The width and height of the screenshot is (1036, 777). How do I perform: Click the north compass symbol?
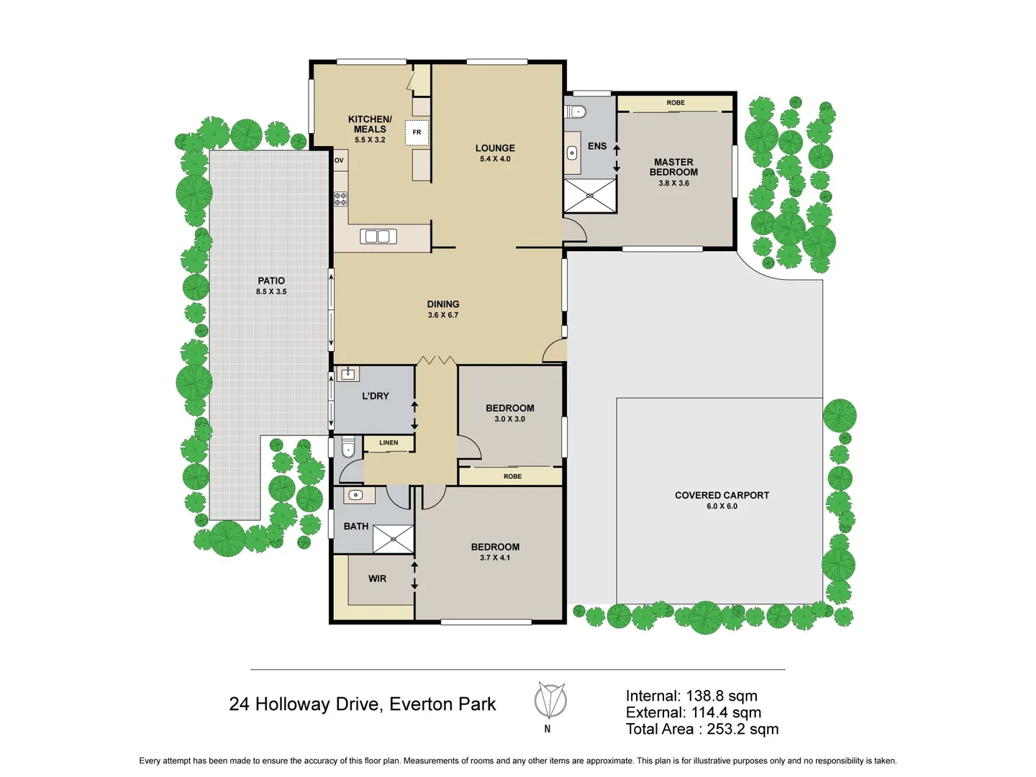[550, 701]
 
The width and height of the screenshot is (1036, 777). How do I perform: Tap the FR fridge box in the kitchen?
[417, 132]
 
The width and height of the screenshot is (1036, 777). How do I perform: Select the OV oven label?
[339, 160]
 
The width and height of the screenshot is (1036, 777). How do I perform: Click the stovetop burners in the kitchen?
[340, 199]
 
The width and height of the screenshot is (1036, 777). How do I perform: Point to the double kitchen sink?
[378, 236]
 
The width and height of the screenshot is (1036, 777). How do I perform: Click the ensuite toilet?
[576, 112]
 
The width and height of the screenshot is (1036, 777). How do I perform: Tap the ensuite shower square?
[590, 196]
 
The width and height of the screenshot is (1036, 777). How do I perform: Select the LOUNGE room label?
[495, 148]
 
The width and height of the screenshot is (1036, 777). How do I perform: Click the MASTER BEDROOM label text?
[673, 167]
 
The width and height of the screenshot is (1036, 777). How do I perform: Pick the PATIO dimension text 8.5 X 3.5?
[271, 292]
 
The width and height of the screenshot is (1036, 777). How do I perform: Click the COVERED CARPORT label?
[722, 495]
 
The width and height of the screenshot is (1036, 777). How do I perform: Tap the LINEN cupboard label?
[388, 443]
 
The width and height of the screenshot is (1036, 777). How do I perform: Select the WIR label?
[377, 578]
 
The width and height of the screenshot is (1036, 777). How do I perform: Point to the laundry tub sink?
[347, 373]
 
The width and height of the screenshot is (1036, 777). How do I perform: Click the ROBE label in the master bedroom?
[676, 103]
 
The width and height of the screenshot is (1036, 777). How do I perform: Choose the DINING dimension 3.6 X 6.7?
[442, 315]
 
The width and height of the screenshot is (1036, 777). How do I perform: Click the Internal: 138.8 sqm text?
[691, 696]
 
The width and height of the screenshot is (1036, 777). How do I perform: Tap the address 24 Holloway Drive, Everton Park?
[362, 704]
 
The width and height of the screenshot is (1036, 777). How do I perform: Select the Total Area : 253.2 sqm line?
[701, 729]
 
